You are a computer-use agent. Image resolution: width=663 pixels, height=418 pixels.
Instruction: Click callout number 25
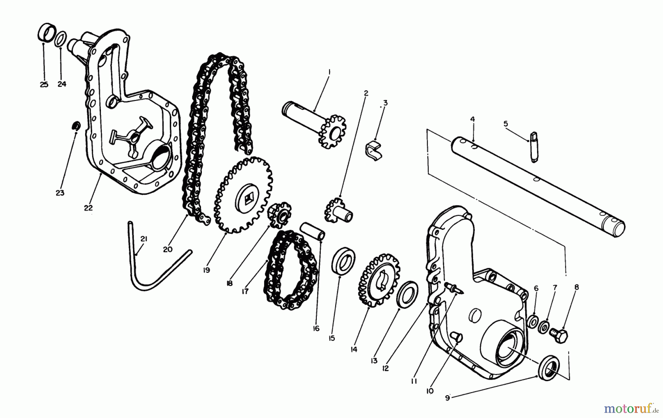[x=44, y=85]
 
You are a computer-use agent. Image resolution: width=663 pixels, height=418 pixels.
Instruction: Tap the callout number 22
[x=88, y=208]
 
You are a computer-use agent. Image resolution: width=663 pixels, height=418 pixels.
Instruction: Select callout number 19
[x=206, y=270]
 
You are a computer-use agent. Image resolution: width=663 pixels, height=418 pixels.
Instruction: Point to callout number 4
[x=473, y=119]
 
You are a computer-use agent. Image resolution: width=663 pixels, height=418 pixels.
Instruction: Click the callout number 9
[x=447, y=398]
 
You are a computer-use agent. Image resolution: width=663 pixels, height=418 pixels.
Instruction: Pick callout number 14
[x=354, y=349]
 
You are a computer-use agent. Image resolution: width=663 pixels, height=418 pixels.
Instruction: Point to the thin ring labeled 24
[x=62, y=39]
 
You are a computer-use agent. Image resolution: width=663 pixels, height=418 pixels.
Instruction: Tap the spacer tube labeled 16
[x=313, y=232]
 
